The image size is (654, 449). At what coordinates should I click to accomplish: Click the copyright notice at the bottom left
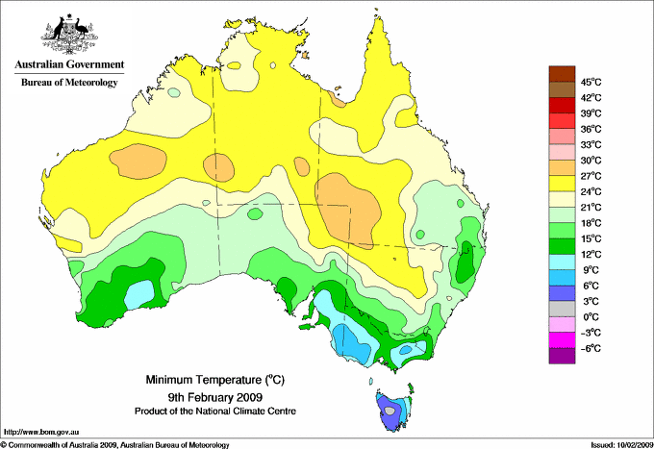(x=115, y=444)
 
